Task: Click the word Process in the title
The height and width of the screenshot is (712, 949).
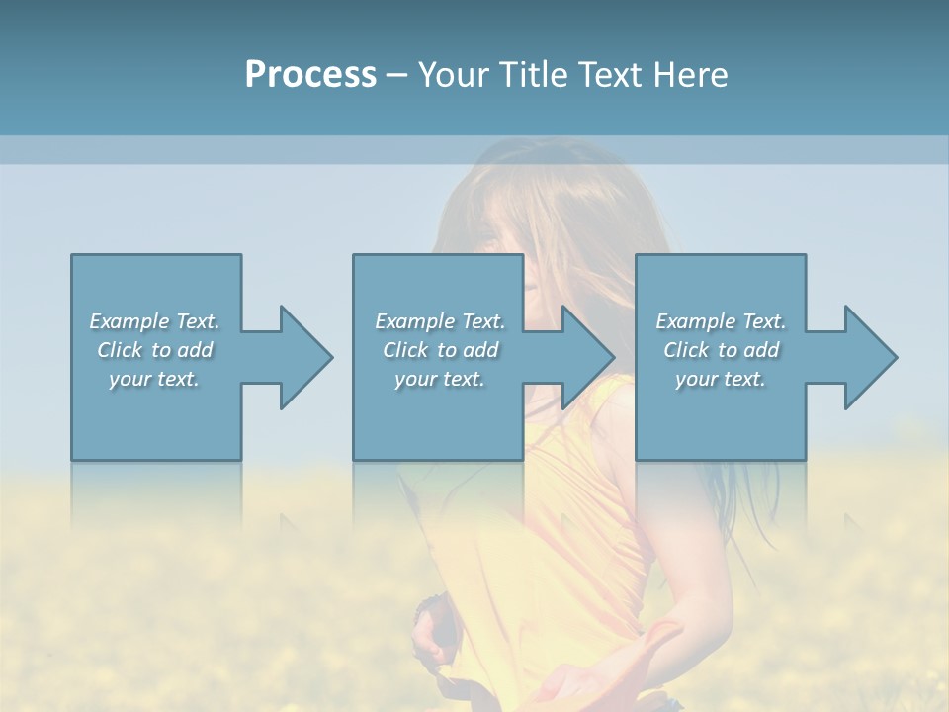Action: (x=310, y=75)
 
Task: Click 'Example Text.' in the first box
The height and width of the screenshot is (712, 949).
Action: (x=154, y=321)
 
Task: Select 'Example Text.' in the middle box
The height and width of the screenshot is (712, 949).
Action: (x=439, y=321)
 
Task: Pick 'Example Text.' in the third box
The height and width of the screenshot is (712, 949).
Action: (x=721, y=321)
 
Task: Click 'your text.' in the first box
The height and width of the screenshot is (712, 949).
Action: (x=154, y=379)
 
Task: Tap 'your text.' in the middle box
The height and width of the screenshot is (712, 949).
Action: (x=439, y=379)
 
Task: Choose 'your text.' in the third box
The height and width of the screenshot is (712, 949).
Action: (x=721, y=379)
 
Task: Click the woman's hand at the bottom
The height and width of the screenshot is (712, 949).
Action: (x=583, y=682)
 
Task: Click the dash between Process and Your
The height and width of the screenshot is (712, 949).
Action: (x=396, y=76)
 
